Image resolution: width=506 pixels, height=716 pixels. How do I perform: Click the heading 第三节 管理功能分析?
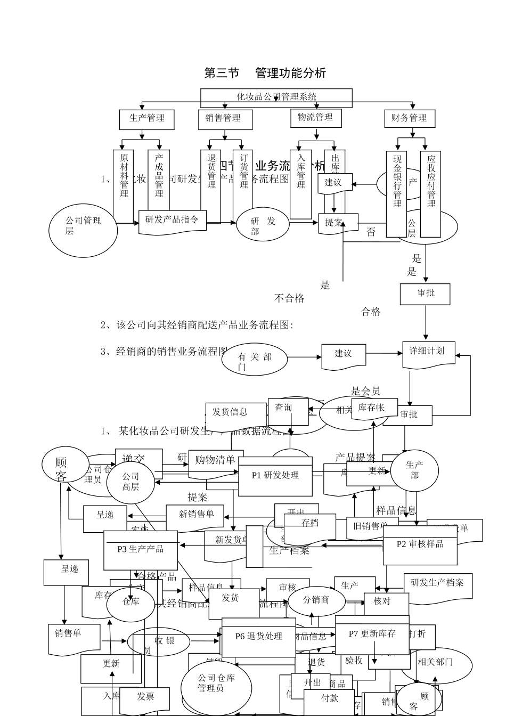(x=265, y=73)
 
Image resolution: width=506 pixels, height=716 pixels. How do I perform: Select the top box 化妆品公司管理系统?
(x=276, y=97)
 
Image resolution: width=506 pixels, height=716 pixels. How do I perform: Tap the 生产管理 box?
(x=147, y=118)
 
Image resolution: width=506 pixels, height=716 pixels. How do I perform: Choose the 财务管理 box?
(x=409, y=118)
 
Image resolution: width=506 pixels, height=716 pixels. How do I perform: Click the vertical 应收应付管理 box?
(x=430, y=194)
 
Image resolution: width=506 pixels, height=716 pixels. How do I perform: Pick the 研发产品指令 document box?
(x=172, y=219)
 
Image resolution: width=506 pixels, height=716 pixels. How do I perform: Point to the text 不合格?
(x=289, y=298)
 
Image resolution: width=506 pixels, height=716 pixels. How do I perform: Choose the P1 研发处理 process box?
(x=275, y=476)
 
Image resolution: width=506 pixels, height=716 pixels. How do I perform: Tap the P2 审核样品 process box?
(x=420, y=544)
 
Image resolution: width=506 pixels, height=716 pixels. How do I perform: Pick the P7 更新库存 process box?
(x=372, y=634)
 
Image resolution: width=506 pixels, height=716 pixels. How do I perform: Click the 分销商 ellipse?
(x=316, y=600)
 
